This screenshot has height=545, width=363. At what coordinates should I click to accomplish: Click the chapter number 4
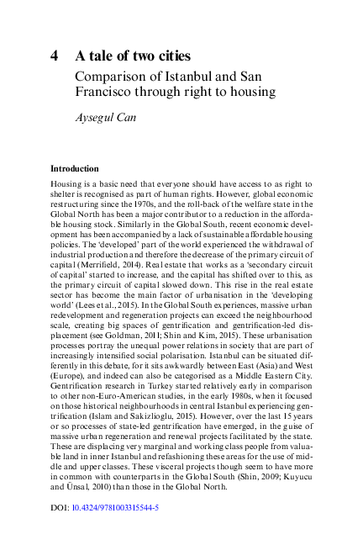coord(54,57)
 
